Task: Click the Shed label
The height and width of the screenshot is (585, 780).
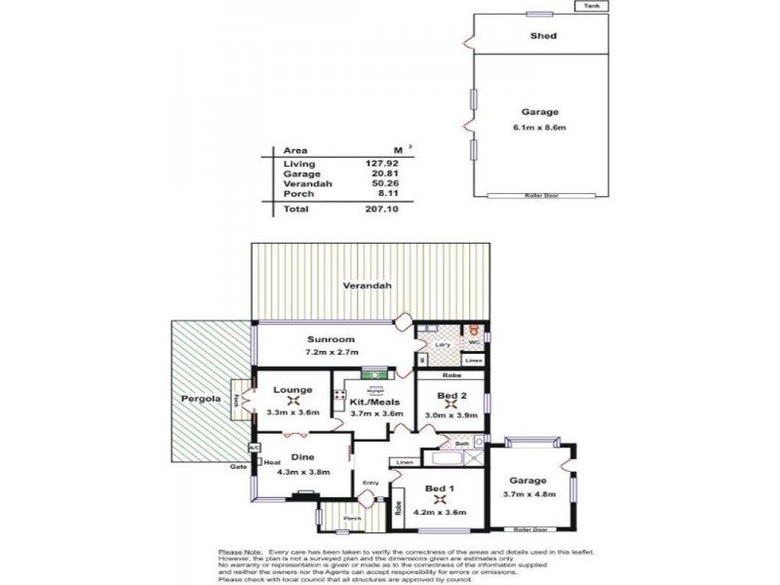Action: click(543, 36)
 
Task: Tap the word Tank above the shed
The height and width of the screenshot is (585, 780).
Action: click(591, 6)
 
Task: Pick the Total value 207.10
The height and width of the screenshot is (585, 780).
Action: click(387, 210)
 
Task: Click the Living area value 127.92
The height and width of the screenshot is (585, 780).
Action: click(387, 164)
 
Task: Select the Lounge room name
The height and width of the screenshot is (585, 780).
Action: click(292, 390)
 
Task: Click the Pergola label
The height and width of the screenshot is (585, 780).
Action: click(198, 400)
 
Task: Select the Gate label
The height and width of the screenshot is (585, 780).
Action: click(236, 467)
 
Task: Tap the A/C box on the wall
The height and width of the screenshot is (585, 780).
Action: click(253, 448)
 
